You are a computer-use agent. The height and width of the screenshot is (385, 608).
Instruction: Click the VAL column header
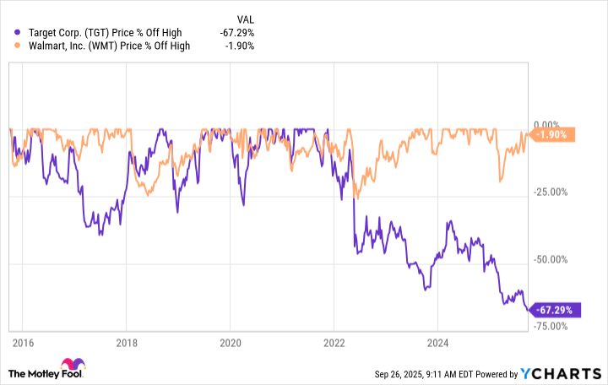tap(244, 19)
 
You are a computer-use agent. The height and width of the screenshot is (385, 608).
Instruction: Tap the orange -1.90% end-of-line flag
tap(554, 134)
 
